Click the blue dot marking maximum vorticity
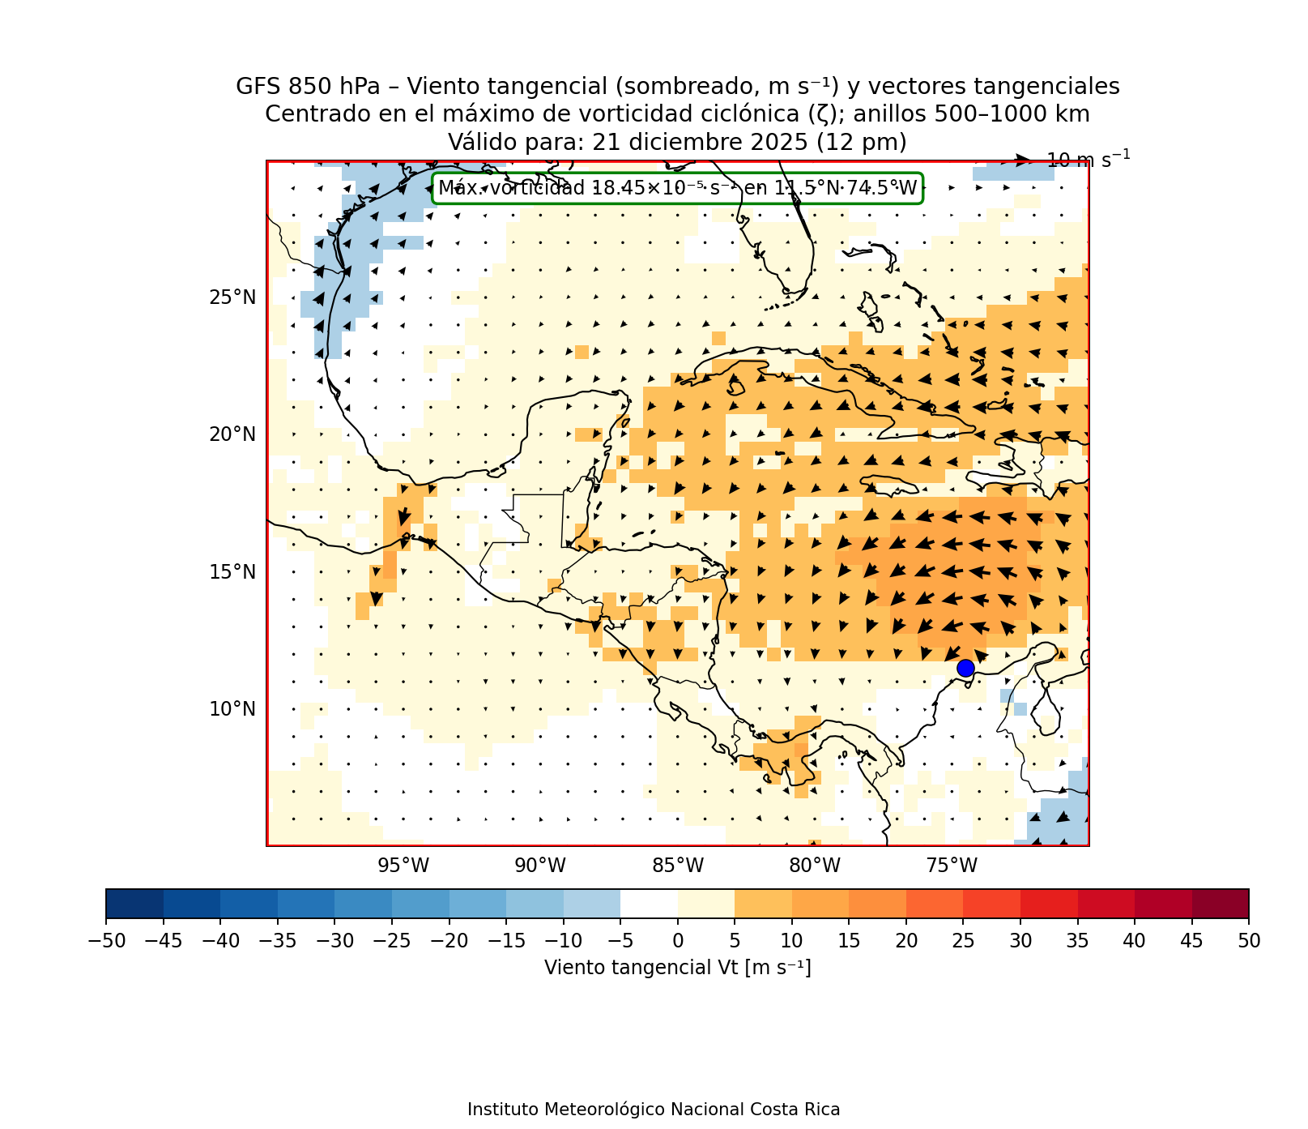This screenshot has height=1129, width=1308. pyautogui.click(x=965, y=668)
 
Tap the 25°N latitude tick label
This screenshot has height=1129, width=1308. pyautogui.click(x=232, y=297)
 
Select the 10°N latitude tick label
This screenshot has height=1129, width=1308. pyautogui.click(x=232, y=709)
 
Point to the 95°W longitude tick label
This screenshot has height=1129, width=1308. pyautogui.click(x=403, y=866)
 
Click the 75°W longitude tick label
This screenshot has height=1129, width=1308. pyautogui.click(x=952, y=866)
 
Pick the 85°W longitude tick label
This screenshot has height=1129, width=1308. pyautogui.click(x=678, y=866)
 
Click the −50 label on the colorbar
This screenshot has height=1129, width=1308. pyautogui.click(x=105, y=941)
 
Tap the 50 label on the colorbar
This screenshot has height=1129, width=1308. pyautogui.click(x=1249, y=941)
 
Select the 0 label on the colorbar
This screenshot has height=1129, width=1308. pyautogui.click(x=678, y=941)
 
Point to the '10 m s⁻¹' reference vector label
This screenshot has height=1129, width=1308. pyautogui.click(x=1088, y=159)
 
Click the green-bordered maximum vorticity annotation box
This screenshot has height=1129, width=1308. pyautogui.click(x=677, y=189)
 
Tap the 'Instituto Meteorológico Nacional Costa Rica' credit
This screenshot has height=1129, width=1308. pyautogui.click(x=654, y=1110)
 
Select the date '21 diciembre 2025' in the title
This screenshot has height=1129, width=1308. pyautogui.click(x=700, y=143)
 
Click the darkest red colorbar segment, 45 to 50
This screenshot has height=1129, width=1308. pyautogui.click(x=1220, y=904)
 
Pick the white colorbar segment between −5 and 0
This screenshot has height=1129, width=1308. pyautogui.click(x=649, y=904)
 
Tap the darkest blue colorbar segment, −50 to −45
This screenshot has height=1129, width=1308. pyautogui.click(x=134, y=904)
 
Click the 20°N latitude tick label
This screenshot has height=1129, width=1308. pyautogui.click(x=232, y=434)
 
